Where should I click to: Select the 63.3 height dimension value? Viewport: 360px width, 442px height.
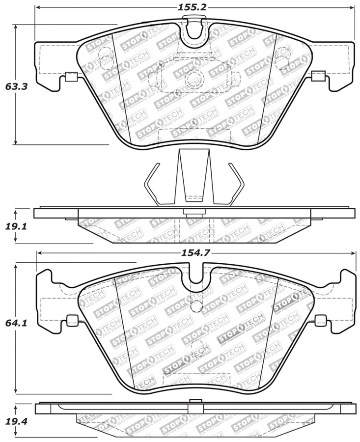click(16, 86)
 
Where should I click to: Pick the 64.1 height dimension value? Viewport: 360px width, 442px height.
click(16, 324)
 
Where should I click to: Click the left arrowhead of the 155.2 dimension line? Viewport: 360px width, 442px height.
click(38, 8)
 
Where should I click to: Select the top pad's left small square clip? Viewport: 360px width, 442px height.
click(71, 76)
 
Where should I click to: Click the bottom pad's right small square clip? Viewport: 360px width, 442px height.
click(320, 321)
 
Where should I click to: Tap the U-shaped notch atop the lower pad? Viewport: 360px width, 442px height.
click(195, 278)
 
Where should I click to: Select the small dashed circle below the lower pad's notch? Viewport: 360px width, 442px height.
click(195, 305)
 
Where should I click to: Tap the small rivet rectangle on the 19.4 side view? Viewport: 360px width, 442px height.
click(195, 407)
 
